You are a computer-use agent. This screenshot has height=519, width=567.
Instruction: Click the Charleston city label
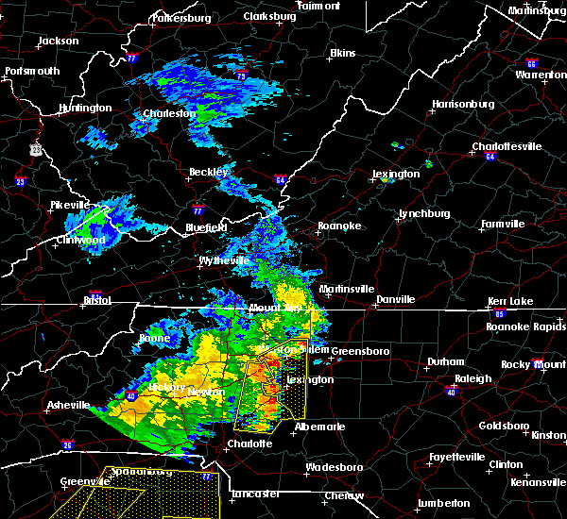(169, 114)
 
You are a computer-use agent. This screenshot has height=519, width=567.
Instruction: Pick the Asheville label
(68, 406)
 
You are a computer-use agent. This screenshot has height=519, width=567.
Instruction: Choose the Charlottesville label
(507, 146)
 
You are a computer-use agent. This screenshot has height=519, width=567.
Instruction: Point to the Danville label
(395, 299)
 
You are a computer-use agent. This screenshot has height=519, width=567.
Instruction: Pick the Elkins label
(341, 54)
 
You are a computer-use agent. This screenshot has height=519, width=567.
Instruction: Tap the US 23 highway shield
(36, 148)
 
